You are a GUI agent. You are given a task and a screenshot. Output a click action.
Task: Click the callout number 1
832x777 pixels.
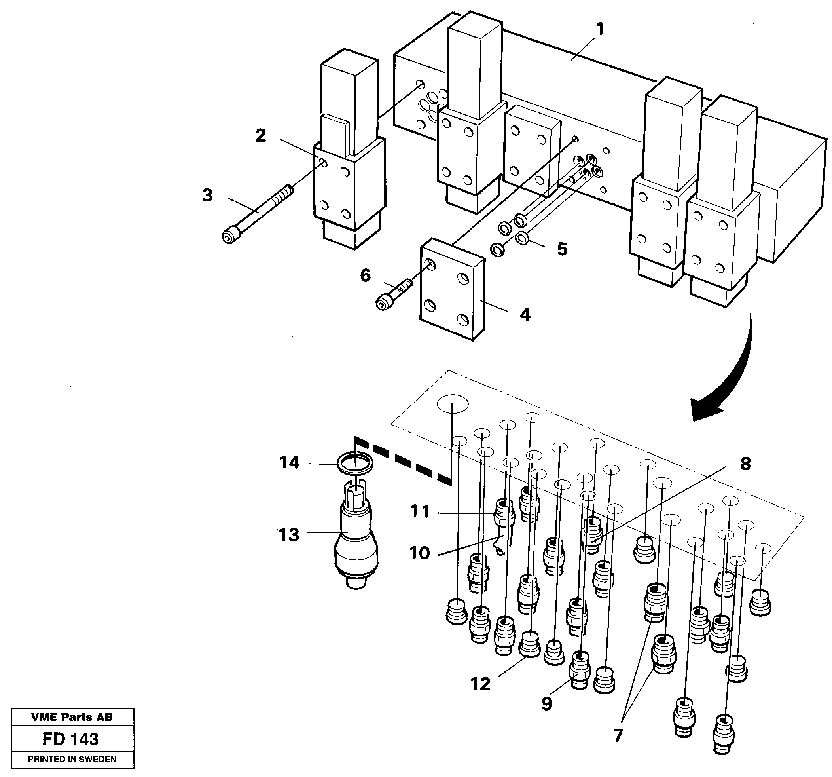600,30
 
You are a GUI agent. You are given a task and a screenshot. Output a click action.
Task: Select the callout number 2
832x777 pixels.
260,136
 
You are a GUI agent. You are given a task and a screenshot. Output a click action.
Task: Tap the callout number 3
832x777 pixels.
208,196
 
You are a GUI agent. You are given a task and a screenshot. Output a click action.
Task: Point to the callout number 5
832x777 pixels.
562,249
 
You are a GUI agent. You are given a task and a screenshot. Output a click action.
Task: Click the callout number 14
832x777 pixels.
290,463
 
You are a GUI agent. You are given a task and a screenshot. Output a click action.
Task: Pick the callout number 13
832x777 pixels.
289,535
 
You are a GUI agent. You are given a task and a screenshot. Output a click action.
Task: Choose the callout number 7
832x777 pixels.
618,735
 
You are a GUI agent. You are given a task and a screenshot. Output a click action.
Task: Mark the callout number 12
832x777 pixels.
480,684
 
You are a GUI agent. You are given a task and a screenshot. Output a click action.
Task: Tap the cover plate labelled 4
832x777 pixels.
452,289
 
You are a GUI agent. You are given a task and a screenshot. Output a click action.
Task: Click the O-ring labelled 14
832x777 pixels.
354,463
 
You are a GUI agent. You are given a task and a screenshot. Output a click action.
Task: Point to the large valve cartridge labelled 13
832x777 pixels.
356,544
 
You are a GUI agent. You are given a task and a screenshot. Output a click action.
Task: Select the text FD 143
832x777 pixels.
70,739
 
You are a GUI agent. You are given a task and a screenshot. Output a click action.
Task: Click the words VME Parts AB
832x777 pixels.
72,717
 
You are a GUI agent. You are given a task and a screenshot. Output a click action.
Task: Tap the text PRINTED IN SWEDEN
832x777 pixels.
72,760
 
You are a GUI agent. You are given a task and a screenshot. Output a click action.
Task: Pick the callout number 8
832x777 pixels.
745,464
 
